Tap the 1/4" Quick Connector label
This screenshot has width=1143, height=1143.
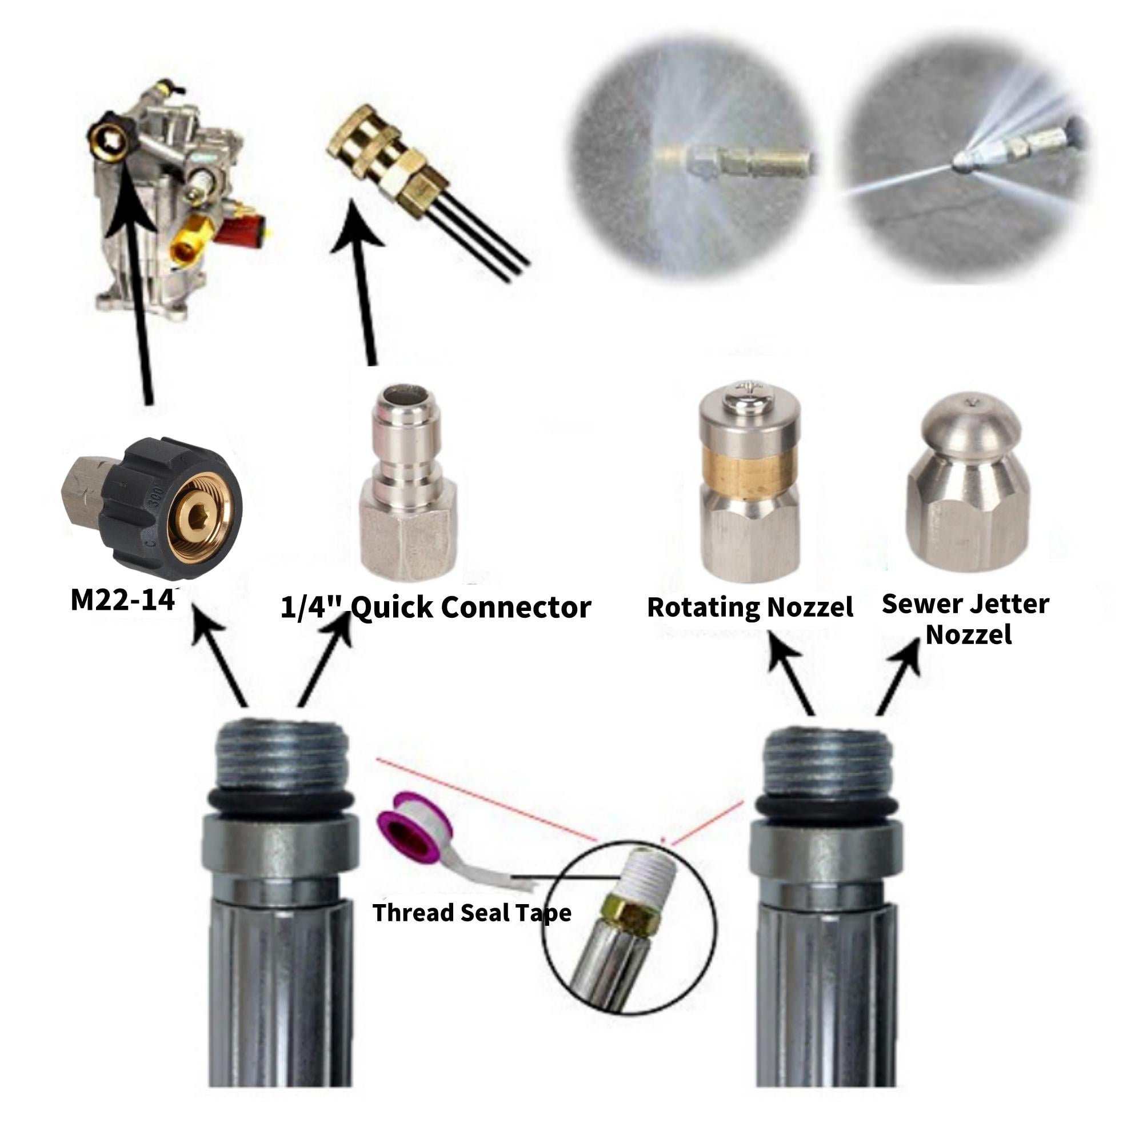435,608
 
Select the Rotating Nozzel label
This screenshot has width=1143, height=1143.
750,607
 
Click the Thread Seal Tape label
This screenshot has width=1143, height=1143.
472,913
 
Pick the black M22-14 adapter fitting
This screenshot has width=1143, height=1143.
152,503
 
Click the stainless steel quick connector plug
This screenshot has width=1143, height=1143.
408,481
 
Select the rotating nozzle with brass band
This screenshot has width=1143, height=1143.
750,481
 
